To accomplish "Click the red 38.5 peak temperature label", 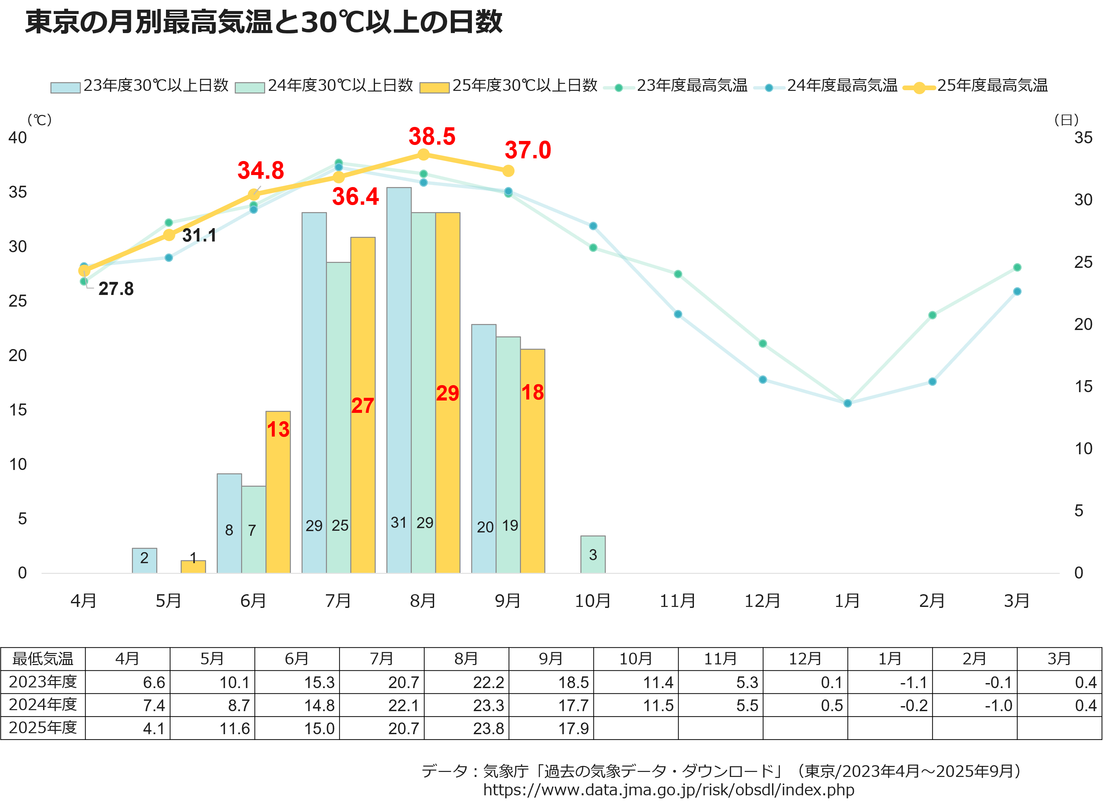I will point(432,136).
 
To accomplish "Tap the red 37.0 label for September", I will point(528,150).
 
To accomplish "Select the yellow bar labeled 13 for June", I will point(278,492).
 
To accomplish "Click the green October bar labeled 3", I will point(593,554).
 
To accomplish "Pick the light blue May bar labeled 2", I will point(144,560).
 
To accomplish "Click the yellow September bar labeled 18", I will point(532,461).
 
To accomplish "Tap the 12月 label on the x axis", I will point(762,601).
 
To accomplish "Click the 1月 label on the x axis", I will point(847,601).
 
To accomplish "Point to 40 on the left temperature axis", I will point(18,138).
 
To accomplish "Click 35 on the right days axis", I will point(1083,138).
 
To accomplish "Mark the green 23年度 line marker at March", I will point(1017,268).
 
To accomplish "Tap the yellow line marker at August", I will point(423,154).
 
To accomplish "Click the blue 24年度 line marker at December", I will point(763,379).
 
